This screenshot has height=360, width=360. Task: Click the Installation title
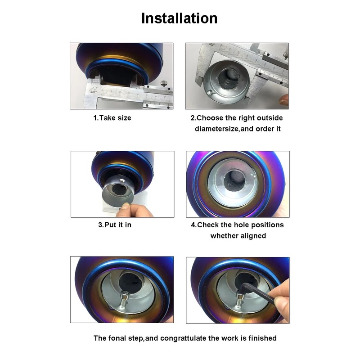[x=179, y=18]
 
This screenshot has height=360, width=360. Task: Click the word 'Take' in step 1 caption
[x=108, y=118]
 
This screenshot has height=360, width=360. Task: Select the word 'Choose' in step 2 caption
[x=210, y=118]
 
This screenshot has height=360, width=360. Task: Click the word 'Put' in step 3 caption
[x=110, y=225]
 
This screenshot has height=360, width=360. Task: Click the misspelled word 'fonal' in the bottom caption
[x=117, y=338]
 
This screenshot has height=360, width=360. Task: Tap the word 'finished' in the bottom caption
[x=262, y=338]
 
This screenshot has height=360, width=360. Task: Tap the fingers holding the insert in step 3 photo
[x=134, y=210]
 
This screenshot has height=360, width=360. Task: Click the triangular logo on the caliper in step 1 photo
[x=93, y=90]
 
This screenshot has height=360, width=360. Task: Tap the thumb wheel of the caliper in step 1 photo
[x=163, y=84]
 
